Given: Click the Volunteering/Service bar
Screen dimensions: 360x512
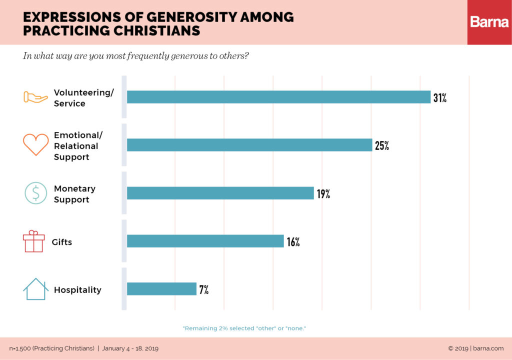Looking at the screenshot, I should (278, 97).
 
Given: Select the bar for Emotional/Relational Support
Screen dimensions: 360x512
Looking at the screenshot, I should (249, 145).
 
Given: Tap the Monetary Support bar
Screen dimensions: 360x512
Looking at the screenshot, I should (220, 193).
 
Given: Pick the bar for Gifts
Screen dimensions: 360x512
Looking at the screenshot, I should (205, 241).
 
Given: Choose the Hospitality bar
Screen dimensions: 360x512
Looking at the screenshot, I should (161, 289).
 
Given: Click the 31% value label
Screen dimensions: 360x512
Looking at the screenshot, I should (439, 98).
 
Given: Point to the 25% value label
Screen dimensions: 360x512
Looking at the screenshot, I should (381, 146).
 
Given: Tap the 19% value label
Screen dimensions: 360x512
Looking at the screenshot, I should (323, 194).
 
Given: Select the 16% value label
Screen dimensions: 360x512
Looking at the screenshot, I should (293, 242).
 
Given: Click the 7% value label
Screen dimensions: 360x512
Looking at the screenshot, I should (203, 290).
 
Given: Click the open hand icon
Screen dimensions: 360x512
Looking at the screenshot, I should (35, 97).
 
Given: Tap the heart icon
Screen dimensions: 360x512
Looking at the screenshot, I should (35, 144).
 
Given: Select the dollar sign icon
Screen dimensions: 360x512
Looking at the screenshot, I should (35, 193).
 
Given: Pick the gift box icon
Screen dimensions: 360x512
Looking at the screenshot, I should (34, 241).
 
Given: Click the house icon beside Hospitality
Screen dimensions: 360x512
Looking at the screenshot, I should (35, 289).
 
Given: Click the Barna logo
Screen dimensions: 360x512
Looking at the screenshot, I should (489, 22).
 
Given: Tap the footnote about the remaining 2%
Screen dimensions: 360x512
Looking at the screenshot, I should (244, 328).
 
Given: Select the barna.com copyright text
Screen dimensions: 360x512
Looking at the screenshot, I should (475, 348).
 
